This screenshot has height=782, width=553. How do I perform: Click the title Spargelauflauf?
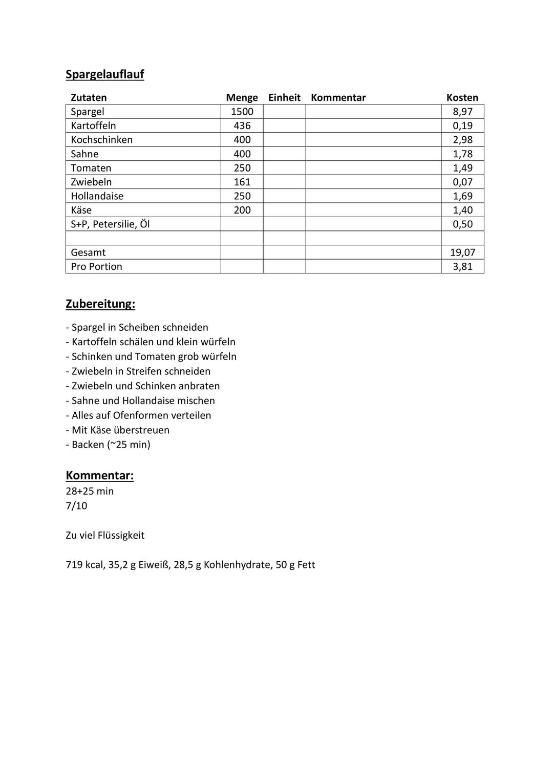tap(105, 74)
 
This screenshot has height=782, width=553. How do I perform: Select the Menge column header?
tap(242, 98)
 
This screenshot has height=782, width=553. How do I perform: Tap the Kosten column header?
tap(462, 98)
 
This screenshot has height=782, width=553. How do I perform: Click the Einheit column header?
tap(284, 98)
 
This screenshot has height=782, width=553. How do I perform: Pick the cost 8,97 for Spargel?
tap(462, 112)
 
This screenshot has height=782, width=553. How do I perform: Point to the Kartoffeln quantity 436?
tap(242, 125)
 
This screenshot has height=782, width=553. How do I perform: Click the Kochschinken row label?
tap(101, 140)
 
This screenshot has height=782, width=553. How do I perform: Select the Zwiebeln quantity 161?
tap(242, 182)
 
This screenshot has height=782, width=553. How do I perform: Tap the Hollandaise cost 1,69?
tap(462, 196)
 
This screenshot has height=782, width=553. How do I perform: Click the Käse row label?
tap(81, 210)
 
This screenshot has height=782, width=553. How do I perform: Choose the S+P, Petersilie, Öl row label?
tap(110, 224)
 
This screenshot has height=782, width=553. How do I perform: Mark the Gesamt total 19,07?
tap(462, 252)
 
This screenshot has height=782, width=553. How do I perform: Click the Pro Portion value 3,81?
tap(462, 266)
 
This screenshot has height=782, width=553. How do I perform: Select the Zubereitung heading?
tap(100, 304)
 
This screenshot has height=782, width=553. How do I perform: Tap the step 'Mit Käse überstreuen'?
tap(118, 430)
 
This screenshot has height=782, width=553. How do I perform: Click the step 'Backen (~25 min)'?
tap(108, 445)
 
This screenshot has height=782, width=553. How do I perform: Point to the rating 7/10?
tap(77, 506)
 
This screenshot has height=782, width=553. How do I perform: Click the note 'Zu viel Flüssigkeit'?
tap(105, 535)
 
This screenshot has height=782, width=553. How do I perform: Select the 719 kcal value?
tap(84, 565)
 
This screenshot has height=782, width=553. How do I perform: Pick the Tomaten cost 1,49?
tap(462, 168)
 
